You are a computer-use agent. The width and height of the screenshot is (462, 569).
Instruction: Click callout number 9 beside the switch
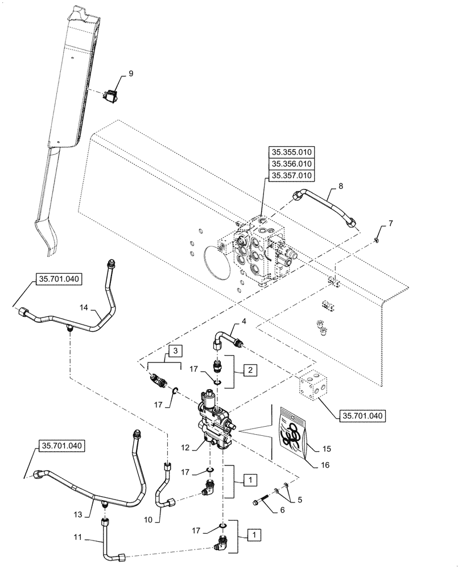pos(130,73)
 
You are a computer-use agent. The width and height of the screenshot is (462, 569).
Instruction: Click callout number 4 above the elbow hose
pos(244,322)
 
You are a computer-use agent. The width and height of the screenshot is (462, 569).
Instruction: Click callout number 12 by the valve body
pos(185,447)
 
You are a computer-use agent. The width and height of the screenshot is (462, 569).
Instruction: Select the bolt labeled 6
pos(262,502)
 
